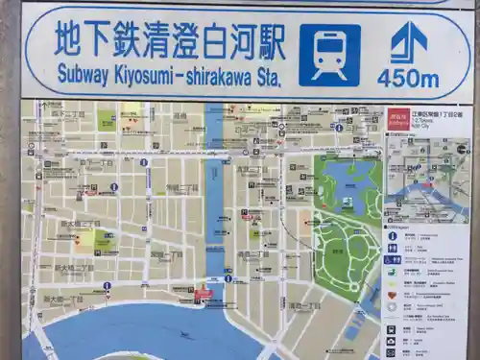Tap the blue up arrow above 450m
coord(408,42)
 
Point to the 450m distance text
coord(408,79)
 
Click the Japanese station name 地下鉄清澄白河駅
coord(170,39)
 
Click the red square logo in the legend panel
coord(398,121)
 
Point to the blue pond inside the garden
coord(348,182)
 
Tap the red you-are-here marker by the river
coord(203,294)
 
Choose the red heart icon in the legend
coord(392,295)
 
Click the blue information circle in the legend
coord(392,235)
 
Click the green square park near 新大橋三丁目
coord(106,239)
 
